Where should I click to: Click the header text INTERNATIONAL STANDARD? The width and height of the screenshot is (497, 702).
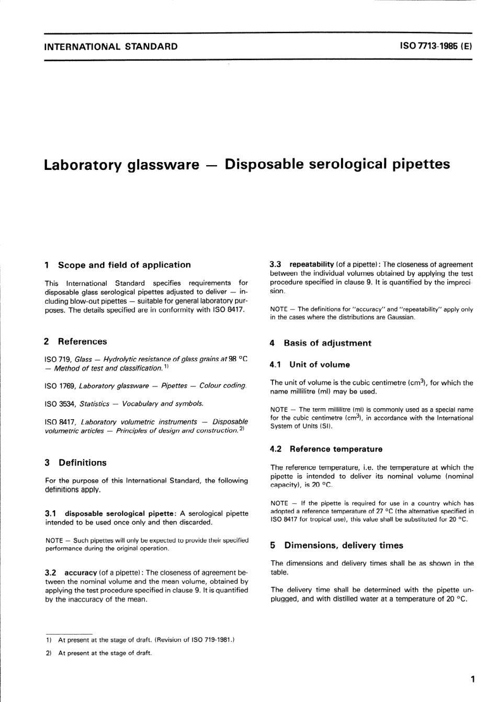pyautogui.click(x=111, y=47)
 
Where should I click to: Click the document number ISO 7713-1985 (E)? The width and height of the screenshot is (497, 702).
pyautogui.click(x=436, y=46)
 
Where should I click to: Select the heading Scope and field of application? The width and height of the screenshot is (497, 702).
pyautogui.click(x=124, y=265)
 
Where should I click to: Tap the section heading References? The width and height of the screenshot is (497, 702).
pyautogui.click(x=82, y=342)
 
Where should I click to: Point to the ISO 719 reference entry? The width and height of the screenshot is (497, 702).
pyautogui.click(x=146, y=363)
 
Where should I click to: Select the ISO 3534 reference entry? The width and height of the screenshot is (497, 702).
pyautogui.click(x=124, y=404)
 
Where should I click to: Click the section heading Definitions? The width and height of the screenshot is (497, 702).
pyautogui.click(x=82, y=463)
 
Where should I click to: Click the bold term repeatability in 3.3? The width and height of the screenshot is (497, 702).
pyautogui.click(x=311, y=264)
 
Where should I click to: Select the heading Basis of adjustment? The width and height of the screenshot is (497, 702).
pyautogui.click(x=327, y=343)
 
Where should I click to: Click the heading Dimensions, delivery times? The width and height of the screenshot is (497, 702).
pyautogui.click(x=343, y=546)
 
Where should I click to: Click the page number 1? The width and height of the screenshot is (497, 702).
pyautogui.click(x=472, y=680)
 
